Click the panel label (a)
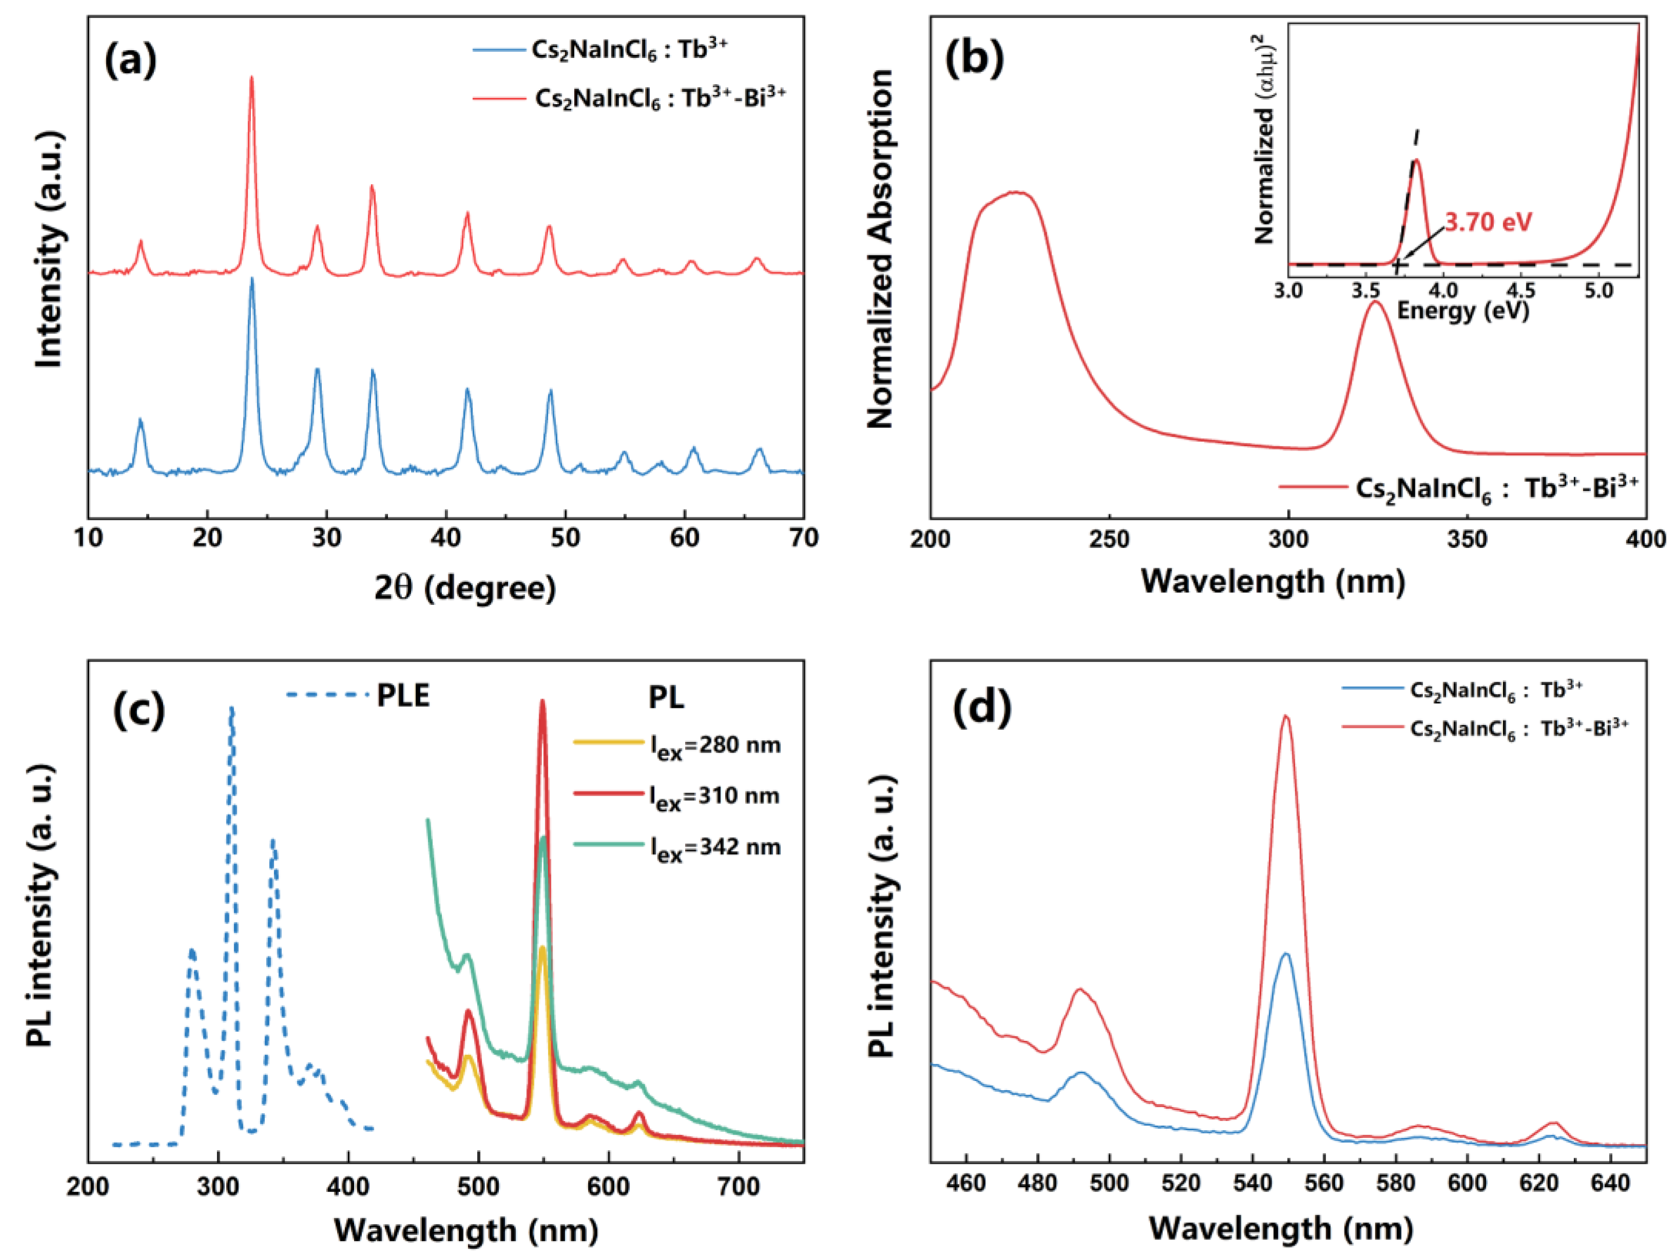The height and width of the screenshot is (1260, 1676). tap(130, 60)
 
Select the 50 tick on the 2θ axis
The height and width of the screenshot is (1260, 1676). tap(565, 538)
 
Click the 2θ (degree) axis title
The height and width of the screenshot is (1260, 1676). tap(464, 588)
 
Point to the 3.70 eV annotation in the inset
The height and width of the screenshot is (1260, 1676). tap(1488, 222)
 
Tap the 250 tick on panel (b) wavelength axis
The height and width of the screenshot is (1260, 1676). tap(1109, 540)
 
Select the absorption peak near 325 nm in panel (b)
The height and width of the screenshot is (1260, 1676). tap(1374, 303)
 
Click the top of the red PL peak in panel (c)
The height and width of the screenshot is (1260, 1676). tap(542, 702)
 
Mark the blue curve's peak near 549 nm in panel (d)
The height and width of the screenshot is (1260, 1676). tap(1285, 955)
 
